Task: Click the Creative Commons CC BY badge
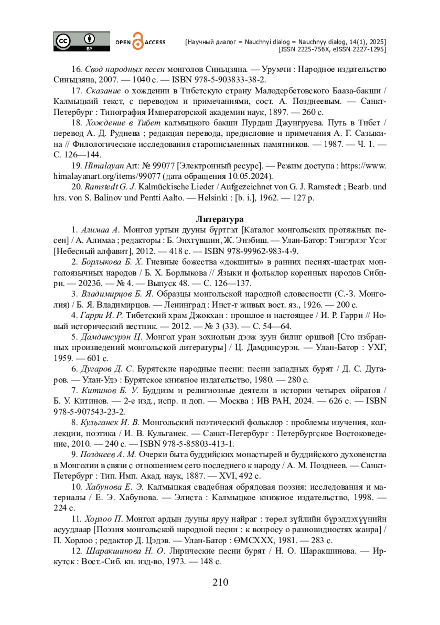(81, 41)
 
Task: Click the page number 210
(220, 582)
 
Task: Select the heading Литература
(220, 219)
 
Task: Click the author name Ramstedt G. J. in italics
(110, 187)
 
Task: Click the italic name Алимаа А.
(100, 230)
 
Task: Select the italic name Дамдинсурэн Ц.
(111, 337)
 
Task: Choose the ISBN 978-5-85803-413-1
(187, 444)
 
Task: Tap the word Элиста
(188, 498)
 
